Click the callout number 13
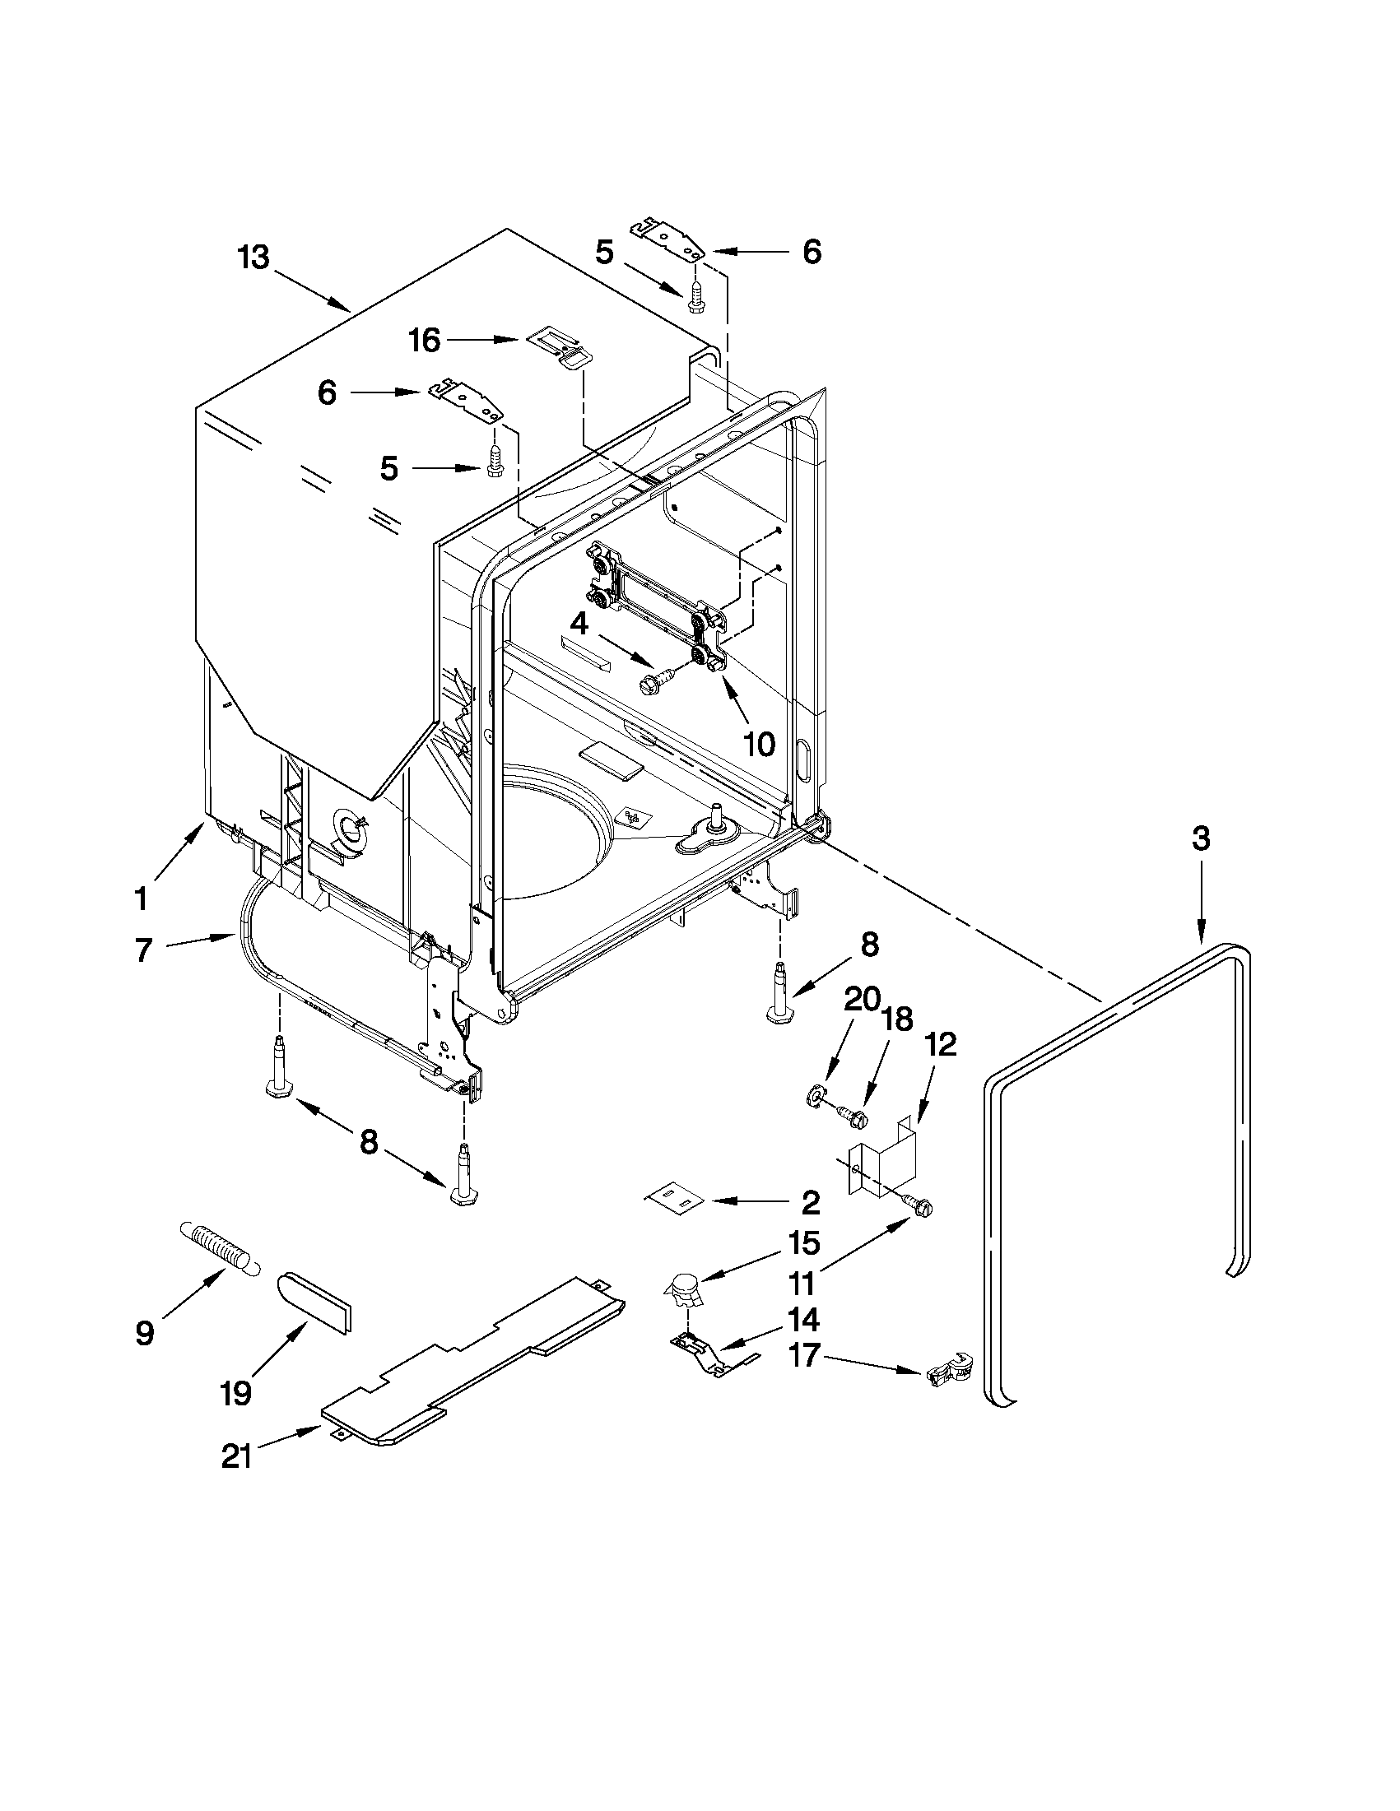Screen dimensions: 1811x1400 [x=253, y=258]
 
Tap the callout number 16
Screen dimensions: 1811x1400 [x=425, y=340]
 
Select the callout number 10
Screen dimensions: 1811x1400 [x=758, y=744]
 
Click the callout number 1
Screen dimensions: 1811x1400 [x=141, y=897]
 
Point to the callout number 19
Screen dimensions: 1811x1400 [x=236, y=1393]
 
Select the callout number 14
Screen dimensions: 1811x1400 [x=803, y=1318]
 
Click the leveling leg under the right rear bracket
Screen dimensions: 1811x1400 [x=780, y=994]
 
